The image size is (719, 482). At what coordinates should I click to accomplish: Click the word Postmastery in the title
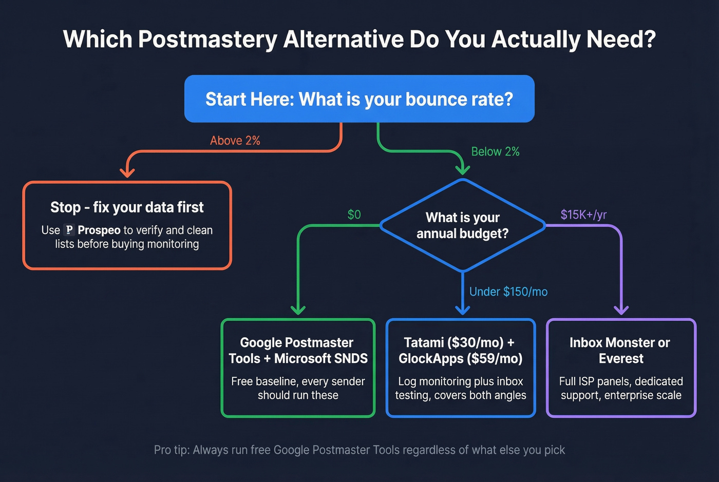pyautogui.click(x=207, y=40)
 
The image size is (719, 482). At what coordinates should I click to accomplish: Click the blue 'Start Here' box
pyautogui.click(x=359, y=99)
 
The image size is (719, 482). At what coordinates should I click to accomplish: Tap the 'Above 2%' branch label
pyautogui.click(x=235, y=141)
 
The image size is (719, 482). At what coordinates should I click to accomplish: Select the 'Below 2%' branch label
pyautogui.click(x=495, y=152)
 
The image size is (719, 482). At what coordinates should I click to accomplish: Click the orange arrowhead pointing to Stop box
pyautogui.click(x=127, y=172)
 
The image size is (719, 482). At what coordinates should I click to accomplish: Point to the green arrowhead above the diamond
pyautogui.click(x=463, y=169)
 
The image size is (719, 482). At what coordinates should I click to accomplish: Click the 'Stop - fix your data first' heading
pyautogui.click(x=127, y=207)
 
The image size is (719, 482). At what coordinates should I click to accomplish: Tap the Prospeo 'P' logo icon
pyautogui.click(x=69, y=230)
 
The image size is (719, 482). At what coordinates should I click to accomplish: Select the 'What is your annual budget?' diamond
pyautogui.click(x=462, y=225)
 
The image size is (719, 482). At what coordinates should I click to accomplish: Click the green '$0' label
pyautogui.click(x=354, y=215)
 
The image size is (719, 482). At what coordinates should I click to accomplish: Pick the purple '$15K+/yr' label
pyautogui.click(x=583, y=215)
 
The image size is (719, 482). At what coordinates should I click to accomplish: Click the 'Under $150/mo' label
pyautogui.click(x=508, y=292)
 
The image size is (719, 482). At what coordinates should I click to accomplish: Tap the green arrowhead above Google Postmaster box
pyautogui.click(x=298, y=309)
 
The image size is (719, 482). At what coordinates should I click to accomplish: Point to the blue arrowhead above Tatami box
pyautogui.click(x=463, y=309)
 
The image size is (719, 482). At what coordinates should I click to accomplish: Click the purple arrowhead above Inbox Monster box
pyautogui.click(x=621, y=309)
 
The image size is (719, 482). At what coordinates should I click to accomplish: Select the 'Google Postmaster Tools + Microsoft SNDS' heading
pyautogui.click(x=298, y=351)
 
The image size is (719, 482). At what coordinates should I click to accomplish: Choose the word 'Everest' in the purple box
pyautogui.click(x=621, y=359)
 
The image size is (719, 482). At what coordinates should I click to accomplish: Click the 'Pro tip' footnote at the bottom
pyautogui.click(x=359, y=450)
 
